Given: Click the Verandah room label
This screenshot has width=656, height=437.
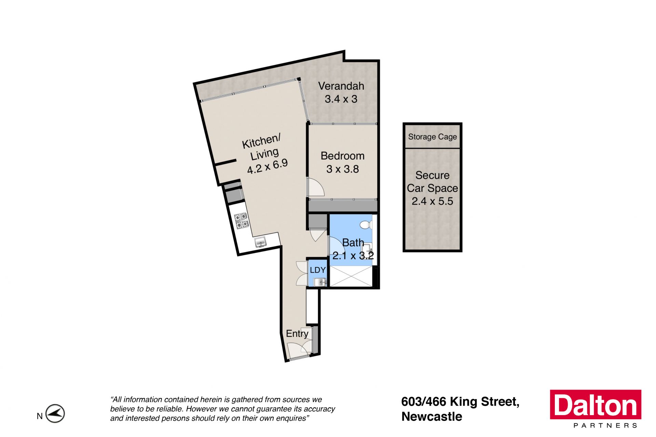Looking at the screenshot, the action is pos(341,86).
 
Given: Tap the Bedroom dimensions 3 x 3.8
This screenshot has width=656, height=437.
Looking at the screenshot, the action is pos(342,169).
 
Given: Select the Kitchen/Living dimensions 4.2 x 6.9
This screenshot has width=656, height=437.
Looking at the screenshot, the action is pos(267,166).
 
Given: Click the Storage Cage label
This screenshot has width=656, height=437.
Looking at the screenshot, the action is pos(432,137).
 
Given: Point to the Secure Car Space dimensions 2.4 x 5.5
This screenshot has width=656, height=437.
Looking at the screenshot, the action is pos(432,201).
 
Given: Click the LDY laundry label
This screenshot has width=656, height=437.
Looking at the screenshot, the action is pos(318,270).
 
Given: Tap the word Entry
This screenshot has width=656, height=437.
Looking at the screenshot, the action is pos(297,334).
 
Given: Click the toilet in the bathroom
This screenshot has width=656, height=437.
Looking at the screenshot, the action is pos(366,224).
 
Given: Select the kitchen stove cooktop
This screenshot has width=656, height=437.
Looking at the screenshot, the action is pos(241,220).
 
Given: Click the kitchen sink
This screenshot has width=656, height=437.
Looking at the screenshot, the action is pos(261,242).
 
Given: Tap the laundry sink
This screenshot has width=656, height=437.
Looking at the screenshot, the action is pos(320,282).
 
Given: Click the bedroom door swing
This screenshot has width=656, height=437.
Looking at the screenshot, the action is pos(316,187).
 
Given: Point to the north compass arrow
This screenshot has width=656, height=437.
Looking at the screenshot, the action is pos(55,414).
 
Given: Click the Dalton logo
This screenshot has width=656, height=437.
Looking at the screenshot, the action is pos(596,405).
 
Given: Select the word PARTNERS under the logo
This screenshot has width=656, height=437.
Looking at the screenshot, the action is pos(605,425).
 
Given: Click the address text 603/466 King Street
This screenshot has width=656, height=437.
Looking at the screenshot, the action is pos(460,402).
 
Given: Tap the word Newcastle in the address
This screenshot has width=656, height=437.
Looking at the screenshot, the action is pos(432,417).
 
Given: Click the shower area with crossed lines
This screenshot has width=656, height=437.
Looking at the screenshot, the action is pos(351,277).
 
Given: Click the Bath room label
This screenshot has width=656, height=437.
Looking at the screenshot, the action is pos(353,243).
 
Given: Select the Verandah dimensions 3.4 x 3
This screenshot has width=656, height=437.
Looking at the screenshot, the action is pos(341,99).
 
